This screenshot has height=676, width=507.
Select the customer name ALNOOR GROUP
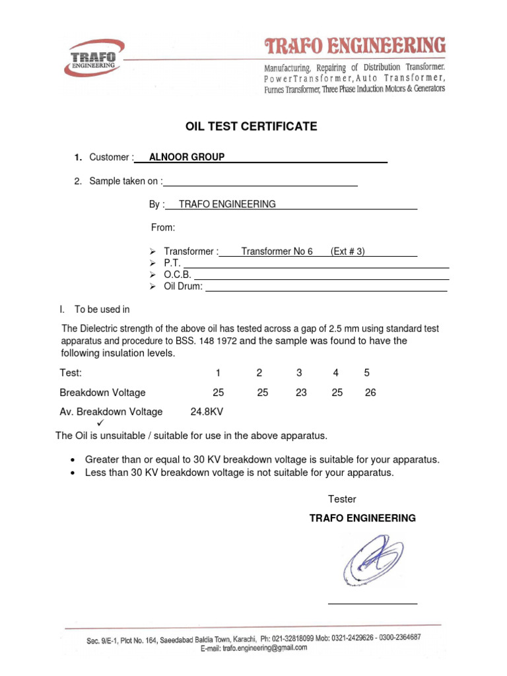pos(187,157)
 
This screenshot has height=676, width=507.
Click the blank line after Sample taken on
pos(261,182)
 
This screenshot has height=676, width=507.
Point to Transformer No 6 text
pos(277,252)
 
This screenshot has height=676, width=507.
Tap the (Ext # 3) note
pos(348,252)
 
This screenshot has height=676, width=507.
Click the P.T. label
pos(172,263)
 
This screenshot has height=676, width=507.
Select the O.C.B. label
pos(177,275)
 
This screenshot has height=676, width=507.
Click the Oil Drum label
pos(183,287)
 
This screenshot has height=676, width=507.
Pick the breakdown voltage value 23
pos(301,393)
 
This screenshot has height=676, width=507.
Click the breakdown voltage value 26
pos(370,393)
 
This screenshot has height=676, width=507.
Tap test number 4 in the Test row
pos(335,373)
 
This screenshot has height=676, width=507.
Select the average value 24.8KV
pos(207,412)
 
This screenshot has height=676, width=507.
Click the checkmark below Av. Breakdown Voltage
pos(100,423)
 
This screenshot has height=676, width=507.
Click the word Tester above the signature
pos(342,499)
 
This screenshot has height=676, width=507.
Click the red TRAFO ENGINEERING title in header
pos(355,46)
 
